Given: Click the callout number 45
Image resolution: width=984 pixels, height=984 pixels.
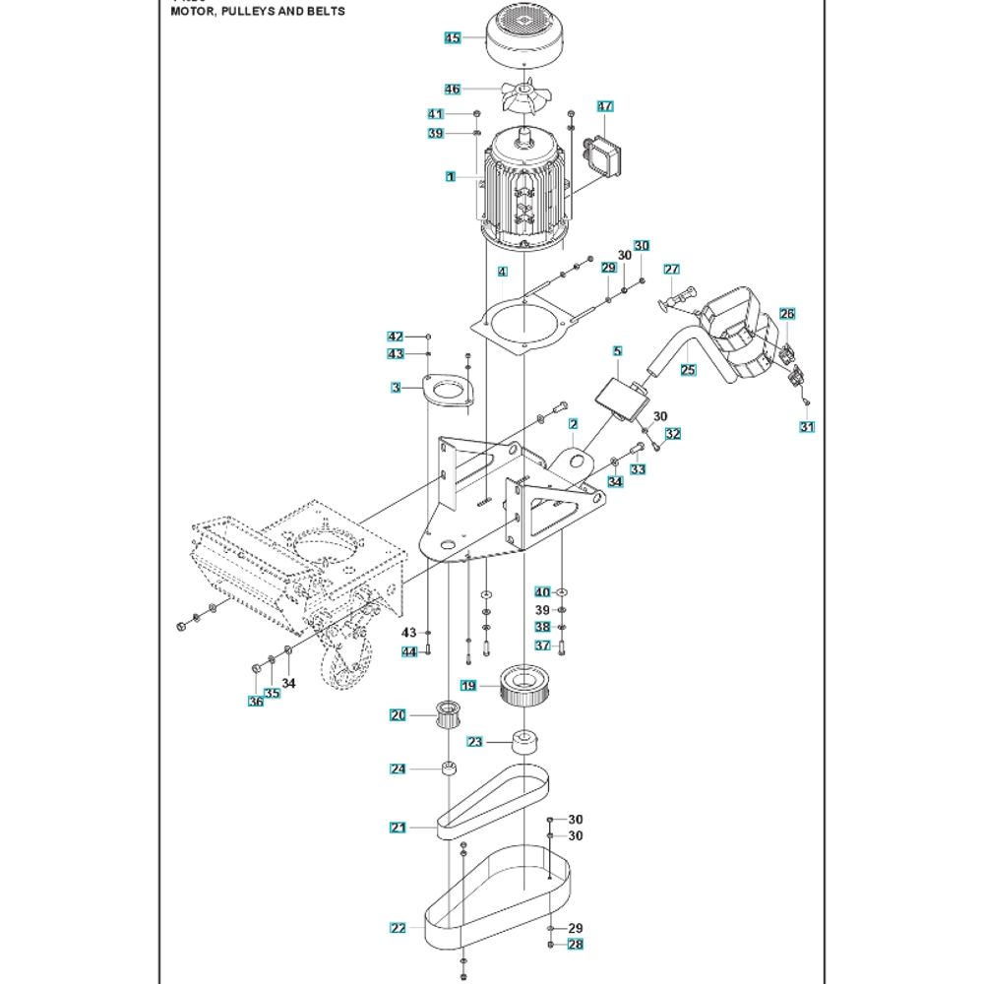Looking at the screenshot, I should click(452, 38).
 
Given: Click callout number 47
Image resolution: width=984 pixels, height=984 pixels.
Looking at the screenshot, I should click(605, 106).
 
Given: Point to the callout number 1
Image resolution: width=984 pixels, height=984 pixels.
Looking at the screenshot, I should click(450, 177).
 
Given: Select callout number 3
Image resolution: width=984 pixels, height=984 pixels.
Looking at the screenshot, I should click(397, 389).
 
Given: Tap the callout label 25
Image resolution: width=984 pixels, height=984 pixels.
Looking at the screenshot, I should click(688, 370).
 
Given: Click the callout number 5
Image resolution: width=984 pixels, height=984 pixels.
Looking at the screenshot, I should click(617, 350).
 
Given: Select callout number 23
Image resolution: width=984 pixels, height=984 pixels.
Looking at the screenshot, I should click(475, 742).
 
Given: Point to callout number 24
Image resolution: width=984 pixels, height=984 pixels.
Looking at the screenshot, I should click(398, 769).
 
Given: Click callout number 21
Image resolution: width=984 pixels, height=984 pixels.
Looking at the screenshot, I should click(398, 828).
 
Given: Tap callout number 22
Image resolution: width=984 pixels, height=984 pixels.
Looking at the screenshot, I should click(398, 928).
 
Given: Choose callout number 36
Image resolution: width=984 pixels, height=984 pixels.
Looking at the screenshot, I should click(256, 701).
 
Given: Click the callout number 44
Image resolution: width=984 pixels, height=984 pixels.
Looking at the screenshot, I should click(409, 651).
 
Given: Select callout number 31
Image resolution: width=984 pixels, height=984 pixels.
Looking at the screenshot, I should click(807, 427).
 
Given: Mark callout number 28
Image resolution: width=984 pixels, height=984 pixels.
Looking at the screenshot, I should click(576, 945).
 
